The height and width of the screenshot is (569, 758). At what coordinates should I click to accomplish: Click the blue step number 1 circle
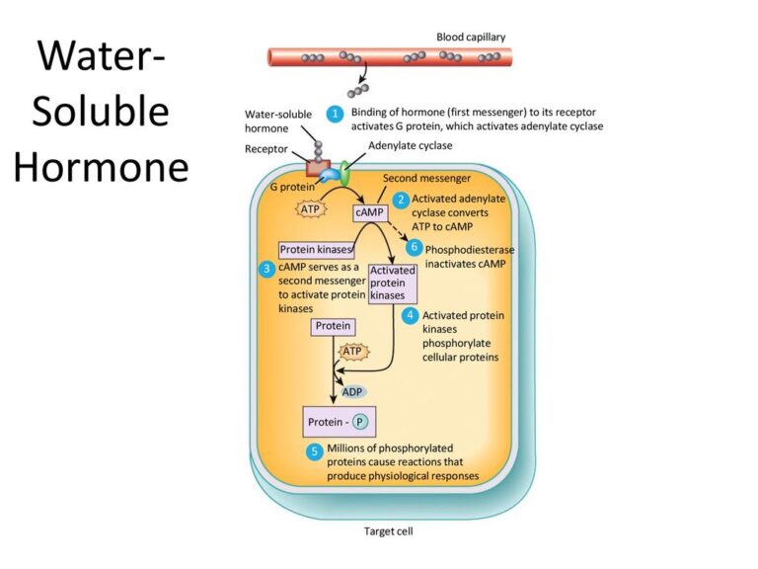335,114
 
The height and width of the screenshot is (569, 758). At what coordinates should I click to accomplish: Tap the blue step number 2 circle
401,200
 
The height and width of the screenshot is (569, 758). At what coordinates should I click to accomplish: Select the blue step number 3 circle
266,269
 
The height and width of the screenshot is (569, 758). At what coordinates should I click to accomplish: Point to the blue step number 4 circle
410,316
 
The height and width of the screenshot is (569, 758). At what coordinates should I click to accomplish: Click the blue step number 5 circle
315,451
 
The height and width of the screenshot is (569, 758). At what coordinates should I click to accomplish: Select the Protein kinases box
316,250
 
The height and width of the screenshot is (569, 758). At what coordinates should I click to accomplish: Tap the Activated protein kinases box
393,283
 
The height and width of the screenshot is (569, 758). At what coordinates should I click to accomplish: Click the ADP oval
352,392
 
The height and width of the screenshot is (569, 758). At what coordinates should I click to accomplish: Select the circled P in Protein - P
360,422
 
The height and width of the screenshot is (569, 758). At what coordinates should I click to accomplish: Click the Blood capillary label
471,38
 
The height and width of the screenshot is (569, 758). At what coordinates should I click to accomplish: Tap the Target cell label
389,531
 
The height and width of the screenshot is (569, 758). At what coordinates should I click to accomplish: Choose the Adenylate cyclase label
412,146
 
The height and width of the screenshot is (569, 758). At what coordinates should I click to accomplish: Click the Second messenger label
426,179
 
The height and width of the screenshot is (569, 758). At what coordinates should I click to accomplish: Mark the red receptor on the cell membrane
319,166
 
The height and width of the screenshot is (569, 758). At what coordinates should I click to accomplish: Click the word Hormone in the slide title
101,168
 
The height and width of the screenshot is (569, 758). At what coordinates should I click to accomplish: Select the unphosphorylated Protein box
333,325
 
